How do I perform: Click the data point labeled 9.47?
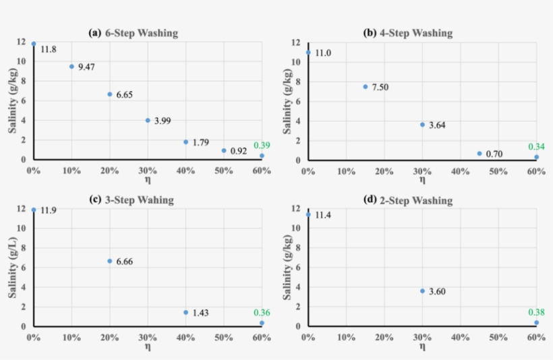point(71,66)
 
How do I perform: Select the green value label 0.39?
point(261,146)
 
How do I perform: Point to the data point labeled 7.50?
point(366,86)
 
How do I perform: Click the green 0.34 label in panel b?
point(536,146)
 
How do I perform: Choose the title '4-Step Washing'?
point(417,33)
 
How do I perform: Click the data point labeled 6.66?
point(110,261)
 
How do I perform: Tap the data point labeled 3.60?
point(423,291)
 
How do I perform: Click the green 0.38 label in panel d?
point(536,312)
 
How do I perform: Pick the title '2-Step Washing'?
point(417,200)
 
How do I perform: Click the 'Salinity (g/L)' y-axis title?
point(11,268)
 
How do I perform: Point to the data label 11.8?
point(49,49)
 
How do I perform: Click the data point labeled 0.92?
point(224,150)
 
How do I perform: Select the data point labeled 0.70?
point(479,153)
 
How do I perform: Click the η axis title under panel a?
point(147,180)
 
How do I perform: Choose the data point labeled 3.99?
point(148,120)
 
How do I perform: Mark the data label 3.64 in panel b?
point(438,125)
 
